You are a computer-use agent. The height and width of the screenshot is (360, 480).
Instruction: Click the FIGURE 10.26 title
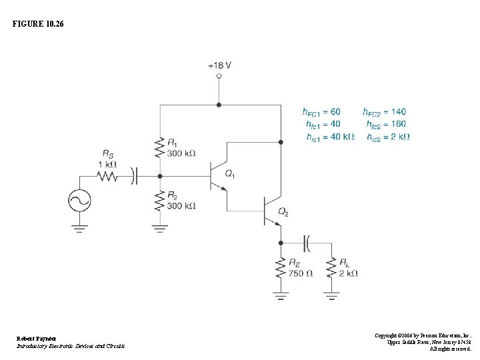click(x=39, y=24)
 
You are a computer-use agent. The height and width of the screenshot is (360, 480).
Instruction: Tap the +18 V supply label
click(x=219, y=65)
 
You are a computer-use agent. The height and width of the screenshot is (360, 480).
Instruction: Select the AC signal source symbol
click(x=79, y=201)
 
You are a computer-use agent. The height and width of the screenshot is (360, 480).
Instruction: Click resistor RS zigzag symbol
click(x=107, y=177)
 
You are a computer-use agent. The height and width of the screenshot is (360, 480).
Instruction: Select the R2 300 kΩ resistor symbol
click(x=159, y=200)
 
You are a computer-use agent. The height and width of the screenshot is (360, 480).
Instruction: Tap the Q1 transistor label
click(x=230, y=175)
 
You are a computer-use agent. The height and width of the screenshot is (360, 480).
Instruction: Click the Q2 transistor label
click(x=283, y=212)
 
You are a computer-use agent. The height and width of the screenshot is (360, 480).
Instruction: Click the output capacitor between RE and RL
click(x=307, y=243)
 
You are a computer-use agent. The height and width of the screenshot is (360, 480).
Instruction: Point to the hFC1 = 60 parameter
click(x=321, y=111)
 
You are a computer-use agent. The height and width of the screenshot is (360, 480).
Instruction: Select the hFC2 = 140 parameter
click(x=384, y=111)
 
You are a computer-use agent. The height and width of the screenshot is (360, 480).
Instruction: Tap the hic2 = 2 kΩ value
click(x=388, y=137)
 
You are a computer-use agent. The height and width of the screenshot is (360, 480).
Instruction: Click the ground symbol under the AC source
click(x=79, y=229)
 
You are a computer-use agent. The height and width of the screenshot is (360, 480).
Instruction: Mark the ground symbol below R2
click(x=159, y=229)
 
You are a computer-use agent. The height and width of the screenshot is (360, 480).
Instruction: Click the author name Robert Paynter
click(x=37, y=339)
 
